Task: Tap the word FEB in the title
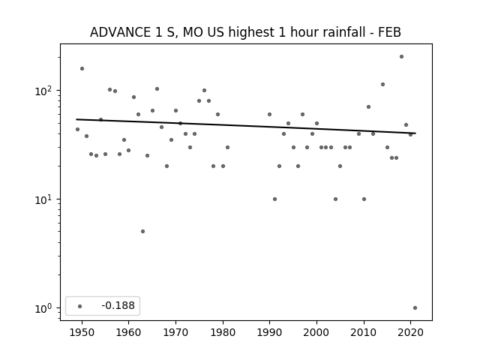tap(390, 32)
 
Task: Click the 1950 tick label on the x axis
tap(82, 332)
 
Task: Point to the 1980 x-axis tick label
tap(223, 332)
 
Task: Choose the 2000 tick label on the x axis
tap(316, 332)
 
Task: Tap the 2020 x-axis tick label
tap(410, 332)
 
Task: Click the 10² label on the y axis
tap(45, 91)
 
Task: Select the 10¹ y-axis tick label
tap(45, 199)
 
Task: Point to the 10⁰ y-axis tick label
tap(45, 308)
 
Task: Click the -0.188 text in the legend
tap(118, 305)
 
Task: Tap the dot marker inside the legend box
tap(80, 306)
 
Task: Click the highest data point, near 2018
tap(402, 57)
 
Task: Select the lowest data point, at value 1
tap(415, 308)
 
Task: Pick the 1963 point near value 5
tap(143, 232)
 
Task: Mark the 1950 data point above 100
tap(82, 68)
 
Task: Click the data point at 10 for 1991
tap(275, 199)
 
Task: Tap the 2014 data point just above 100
tap(383, 85)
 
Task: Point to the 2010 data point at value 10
tap(364, 199)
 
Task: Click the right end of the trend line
tap(415, 133)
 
